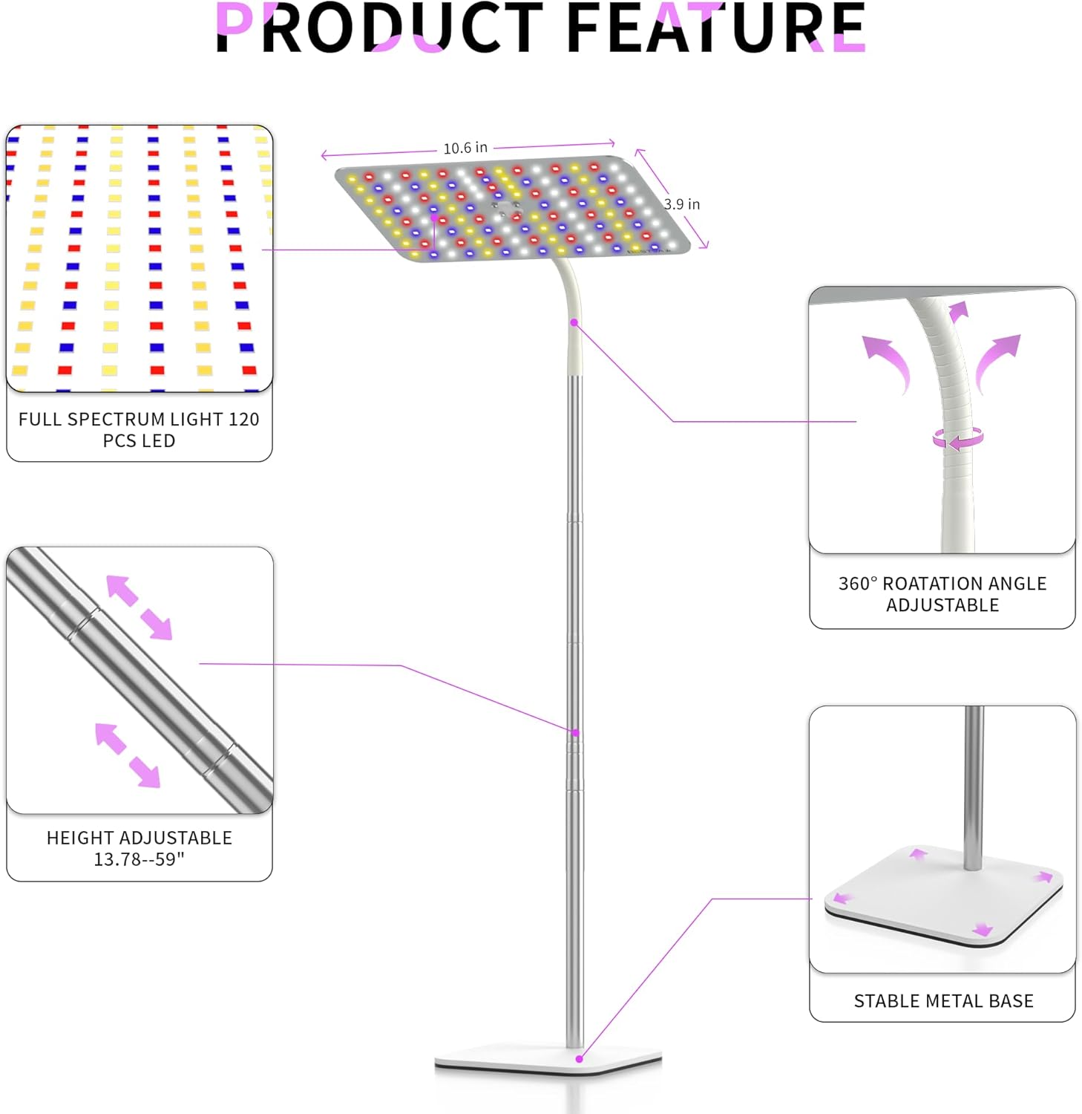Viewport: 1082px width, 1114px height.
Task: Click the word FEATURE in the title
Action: [716, 27]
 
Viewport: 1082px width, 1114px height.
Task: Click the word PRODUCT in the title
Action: [380, 27]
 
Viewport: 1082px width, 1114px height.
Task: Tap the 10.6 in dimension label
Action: [465, 148]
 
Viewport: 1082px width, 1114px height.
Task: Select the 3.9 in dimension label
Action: [682, 204]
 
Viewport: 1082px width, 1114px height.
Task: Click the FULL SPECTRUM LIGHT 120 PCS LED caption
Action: [139, 430]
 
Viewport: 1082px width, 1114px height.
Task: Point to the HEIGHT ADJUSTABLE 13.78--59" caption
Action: [139, 848]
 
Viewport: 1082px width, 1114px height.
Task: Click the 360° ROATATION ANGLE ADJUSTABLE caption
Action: [942, 594]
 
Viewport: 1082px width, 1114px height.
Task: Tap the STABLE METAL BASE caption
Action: [943, 1001]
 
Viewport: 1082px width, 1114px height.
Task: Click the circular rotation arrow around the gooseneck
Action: [958, 438]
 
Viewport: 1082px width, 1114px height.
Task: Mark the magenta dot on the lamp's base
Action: [580, 1059]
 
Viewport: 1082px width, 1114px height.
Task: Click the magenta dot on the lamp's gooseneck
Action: [574, 322]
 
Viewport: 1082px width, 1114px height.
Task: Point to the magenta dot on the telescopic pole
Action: [575, 733]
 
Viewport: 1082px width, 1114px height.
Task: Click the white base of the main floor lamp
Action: [548, 1060]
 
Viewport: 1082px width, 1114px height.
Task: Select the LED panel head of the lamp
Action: [514, 209]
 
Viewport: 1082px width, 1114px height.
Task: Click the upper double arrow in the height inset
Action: [140, 608]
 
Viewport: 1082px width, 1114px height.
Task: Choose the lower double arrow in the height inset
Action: [128, 755]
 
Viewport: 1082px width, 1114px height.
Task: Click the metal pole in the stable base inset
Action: [974, 788]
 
